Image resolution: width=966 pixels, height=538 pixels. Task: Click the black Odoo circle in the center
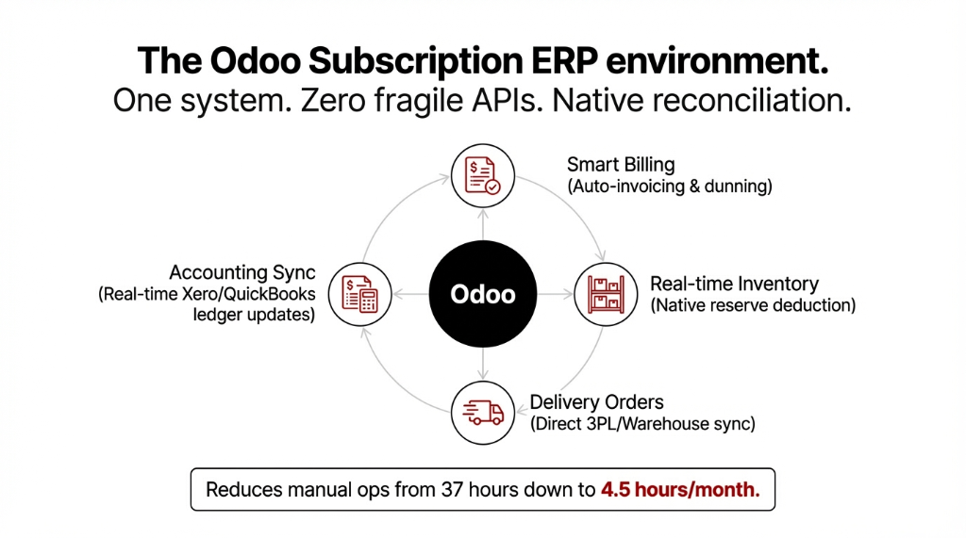click(x=483, y=294)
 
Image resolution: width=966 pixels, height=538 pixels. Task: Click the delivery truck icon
click(x=483, y=412)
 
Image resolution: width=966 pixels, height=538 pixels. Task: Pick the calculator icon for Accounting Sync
click(x=361, y=294)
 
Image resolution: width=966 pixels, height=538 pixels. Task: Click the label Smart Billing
click(x=621, y=165)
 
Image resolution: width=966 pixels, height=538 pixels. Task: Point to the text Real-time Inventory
click(x=734, y=284)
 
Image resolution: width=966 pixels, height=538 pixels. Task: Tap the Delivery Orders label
click(x=596, y=402)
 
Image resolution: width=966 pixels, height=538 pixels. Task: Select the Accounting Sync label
click(x=242, y=272)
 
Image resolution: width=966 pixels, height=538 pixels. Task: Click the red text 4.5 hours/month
click(x=680, y=489)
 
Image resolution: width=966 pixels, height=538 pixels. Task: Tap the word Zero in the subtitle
click(x=330, y=100)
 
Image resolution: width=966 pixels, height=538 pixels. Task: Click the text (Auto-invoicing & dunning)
click(x=670, y=187)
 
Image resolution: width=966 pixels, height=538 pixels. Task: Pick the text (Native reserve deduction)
click(x=753, y=305)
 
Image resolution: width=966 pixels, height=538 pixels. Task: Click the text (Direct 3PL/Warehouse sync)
click(x=642, y=424)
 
